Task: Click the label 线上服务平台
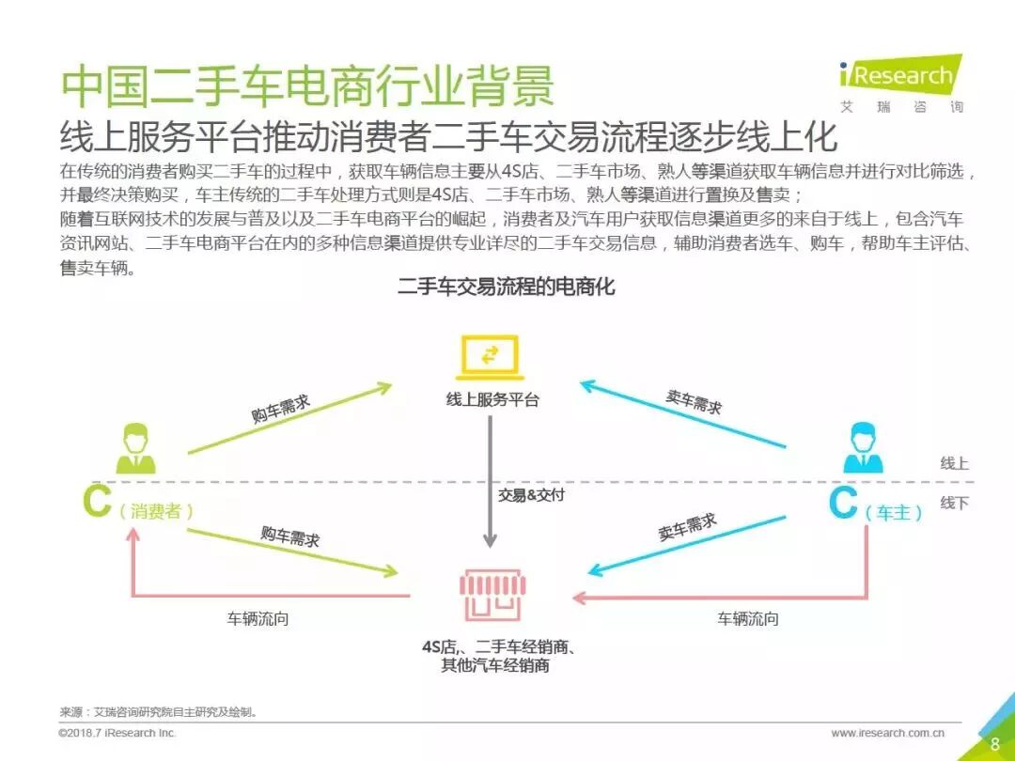pos(492,398)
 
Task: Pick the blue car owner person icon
pos(863,448)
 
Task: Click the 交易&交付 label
pos(531,495)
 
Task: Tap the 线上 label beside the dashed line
pos(954,463)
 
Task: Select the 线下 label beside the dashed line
pos(954,504)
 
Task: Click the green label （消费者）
pos(156,512)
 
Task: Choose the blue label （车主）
pos(893,513)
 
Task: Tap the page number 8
pos(995,744)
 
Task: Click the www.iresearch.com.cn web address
pos(887,733)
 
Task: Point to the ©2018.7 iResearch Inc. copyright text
pos(117,733)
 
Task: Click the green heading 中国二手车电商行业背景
pos(307,87)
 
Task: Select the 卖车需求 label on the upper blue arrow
pos(694,402)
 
